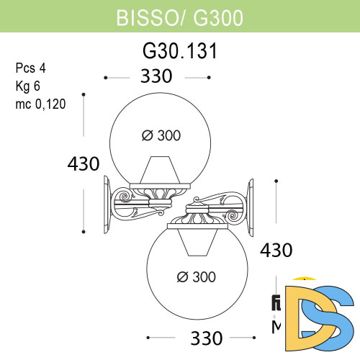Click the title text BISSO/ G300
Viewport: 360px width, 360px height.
(179, 16)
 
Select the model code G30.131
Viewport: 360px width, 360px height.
(179, 53)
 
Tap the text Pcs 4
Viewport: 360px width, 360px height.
(30, 69)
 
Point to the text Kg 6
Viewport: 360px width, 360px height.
(29, 86)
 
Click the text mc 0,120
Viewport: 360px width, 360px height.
(40, 104)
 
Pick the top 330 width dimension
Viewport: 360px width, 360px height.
(157, 76)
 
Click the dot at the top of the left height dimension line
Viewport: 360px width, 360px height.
(86, 94)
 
